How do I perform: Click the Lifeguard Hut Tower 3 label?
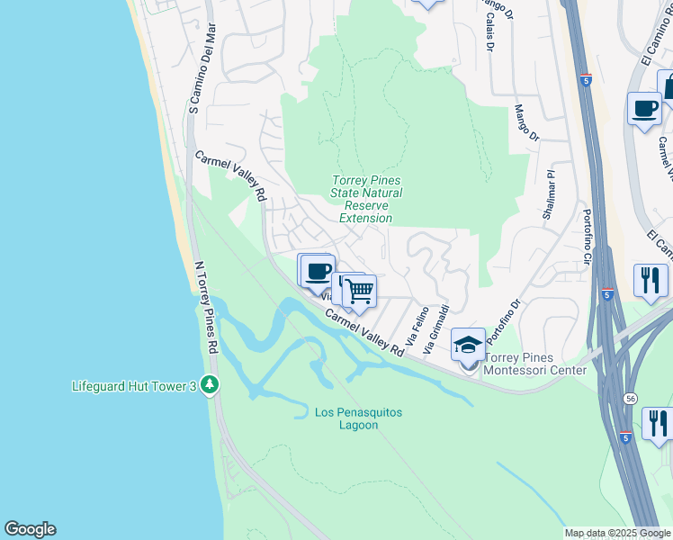click(x=134, y=386)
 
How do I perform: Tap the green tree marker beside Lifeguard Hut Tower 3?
click(x=210, y=386)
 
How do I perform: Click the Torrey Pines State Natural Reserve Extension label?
click(x=366, y=199)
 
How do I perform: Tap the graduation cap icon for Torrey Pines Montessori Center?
click(x=468, y=346)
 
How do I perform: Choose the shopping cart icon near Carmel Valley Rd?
click(x=359, y=291)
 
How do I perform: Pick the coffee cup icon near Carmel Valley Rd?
click(x=317, y=271)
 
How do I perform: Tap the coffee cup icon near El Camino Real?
click(x=644, y=109)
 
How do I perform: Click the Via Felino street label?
click(x=418, y=329)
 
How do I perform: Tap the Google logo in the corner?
click(x=30, y=529)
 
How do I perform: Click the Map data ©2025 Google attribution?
click(x=617, y=534)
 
